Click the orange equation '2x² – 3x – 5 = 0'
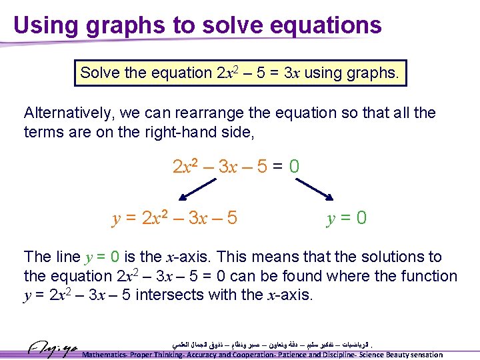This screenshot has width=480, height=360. point(236,165)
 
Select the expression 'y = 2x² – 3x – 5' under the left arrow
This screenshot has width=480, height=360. point(174,218)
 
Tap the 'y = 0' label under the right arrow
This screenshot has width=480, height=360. point(346,218)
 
